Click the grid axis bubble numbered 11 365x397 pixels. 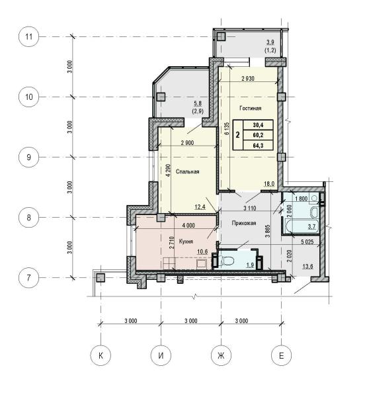coord(29,36)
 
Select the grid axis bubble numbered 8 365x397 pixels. coord(29,218)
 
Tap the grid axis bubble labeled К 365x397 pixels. coord(101,355)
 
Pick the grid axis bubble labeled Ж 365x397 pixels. coord(221,355)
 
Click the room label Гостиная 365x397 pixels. coord(251,109)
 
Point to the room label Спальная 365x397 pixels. coord(187,171)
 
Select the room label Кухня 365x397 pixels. coord(186,242)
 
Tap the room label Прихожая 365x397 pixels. coord(244,223)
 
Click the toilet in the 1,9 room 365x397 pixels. coord(226,261)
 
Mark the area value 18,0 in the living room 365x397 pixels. coord(269,184)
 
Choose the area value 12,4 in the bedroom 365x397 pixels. coord(200,207)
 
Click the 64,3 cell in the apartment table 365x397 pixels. coord(258,146)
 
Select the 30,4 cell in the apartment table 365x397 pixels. coord(258,125)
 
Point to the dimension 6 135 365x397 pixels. coord(226,128)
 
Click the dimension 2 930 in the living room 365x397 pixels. coord(248,79)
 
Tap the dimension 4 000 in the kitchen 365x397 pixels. coord(188,226)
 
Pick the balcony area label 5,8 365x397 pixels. coord(198,103)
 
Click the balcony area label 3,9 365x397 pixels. coord(270,42)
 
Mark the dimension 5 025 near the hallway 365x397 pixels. coord(307,242)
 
